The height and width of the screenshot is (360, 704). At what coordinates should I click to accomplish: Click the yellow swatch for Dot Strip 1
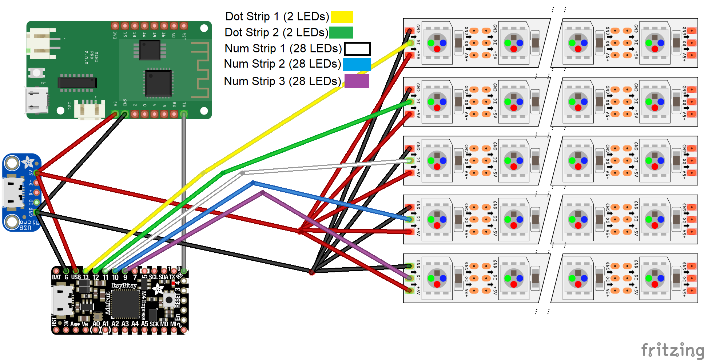341,17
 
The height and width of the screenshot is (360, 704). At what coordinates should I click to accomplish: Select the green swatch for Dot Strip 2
341,32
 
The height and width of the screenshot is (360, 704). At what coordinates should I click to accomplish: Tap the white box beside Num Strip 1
357,49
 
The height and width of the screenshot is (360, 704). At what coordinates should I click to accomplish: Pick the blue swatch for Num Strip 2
357,64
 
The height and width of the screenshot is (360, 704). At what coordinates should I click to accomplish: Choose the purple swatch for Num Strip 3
356,81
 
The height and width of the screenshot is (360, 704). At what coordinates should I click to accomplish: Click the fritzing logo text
672,350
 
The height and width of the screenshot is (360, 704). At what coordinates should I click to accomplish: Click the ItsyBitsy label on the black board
124,285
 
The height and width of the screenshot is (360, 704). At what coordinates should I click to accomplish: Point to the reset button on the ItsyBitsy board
169,300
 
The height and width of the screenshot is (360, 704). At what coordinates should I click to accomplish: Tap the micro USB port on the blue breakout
12,192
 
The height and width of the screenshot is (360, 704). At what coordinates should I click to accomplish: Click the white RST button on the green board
36,73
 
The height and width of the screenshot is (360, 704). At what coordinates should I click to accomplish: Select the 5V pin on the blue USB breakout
37,173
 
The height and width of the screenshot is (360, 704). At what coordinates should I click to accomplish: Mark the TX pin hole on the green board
184,114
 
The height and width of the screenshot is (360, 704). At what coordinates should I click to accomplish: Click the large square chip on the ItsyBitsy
126,304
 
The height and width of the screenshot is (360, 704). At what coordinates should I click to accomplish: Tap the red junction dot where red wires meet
301,231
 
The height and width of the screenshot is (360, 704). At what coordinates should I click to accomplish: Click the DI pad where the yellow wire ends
410,43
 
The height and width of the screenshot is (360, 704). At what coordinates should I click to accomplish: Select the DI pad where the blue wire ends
410,219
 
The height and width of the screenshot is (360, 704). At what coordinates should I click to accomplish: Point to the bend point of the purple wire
263,193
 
